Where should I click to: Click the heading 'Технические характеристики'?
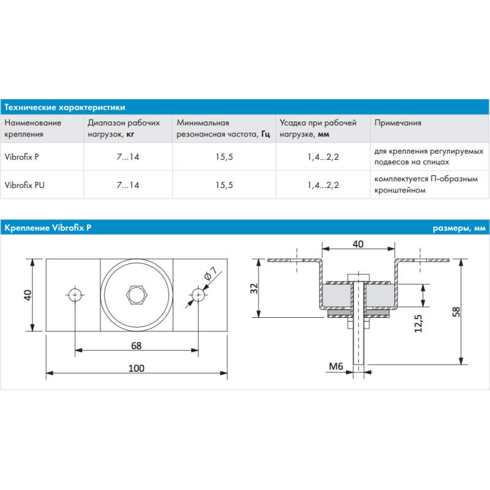pyautogui.click(x=64, y=107)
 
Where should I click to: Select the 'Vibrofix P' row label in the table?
pyautogui.click(x=22, y=157)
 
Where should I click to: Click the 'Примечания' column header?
pyautogui.click(x=398, y=123)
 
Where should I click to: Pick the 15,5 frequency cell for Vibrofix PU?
pyautogui.click(x=224, y=184)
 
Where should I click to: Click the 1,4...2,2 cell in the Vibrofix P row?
pyautogui.click(x=323, y=157)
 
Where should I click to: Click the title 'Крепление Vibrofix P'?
pyautogui.click(x=48, y=228)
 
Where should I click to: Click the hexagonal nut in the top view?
pyautogui.click(x=136, y=294)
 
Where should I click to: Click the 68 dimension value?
pyautogui.click(x=136, y=345)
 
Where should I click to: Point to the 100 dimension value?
pyautogui.click(x=136, y=367)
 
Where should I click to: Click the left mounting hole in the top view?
pyautogui.click(x=75, y=295)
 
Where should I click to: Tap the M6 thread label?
pyautogui.click(x=336, y=367)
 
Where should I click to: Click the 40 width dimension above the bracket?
pyautogui.click(x=358, y=244)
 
